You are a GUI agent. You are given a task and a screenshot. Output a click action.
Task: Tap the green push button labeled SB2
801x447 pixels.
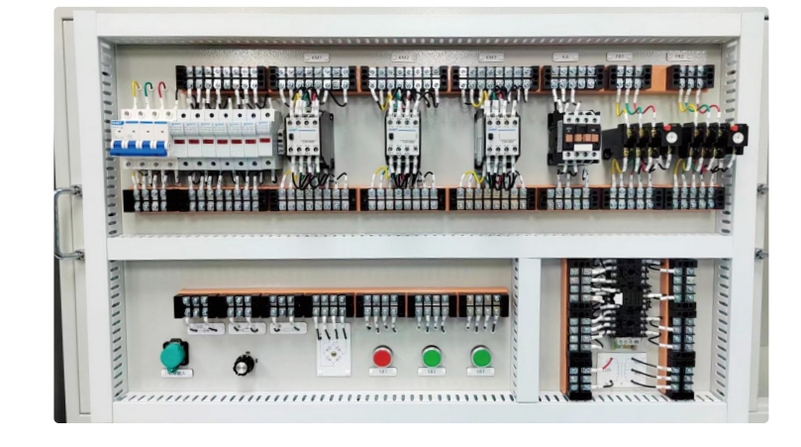432,357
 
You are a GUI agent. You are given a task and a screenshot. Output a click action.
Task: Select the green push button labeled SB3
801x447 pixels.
481,357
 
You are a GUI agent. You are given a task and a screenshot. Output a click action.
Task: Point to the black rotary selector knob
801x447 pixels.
243,365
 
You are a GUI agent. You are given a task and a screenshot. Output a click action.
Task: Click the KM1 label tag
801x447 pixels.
318,58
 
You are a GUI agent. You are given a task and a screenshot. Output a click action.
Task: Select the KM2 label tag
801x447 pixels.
402,58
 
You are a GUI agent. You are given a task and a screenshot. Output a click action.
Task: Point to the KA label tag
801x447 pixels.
565,57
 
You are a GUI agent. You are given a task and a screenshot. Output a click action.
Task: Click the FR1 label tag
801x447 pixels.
619,57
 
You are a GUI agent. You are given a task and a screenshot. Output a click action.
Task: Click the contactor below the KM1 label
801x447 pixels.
308,138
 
